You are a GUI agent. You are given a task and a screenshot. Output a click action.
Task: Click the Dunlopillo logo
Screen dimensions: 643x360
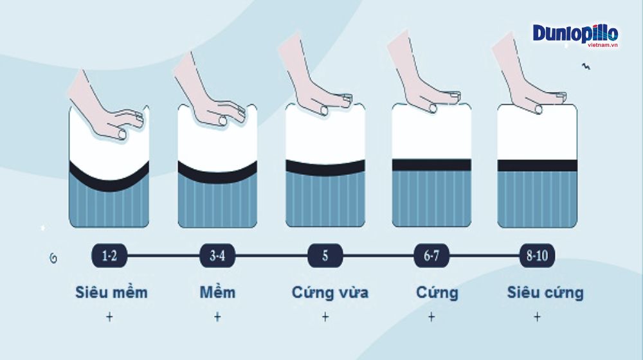pos(575,35)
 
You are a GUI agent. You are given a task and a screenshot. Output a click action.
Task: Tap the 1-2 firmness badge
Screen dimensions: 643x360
pos(109,255)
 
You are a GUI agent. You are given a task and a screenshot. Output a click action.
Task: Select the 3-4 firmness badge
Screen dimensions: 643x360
pos(217,255)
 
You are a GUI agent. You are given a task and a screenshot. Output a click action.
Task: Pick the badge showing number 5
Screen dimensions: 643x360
pos(325,255)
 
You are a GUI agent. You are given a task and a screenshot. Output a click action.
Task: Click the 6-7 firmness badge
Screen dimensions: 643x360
pos(431,255)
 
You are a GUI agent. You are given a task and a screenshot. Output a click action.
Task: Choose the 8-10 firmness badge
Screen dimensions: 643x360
pos(537,255)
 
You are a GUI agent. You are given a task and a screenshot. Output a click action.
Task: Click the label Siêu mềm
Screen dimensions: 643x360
pos(111,292)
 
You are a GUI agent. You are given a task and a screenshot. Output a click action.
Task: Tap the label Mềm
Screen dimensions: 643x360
pos(217,292)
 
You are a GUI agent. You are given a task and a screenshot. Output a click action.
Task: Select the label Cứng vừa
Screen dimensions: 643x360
pos(330,292)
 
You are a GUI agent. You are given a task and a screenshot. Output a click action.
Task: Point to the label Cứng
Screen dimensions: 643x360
pos(437,292)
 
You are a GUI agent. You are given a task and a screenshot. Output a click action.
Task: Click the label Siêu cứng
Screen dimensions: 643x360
pos(545,292)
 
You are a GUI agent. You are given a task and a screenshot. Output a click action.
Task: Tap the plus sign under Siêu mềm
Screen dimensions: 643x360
pos(109,317)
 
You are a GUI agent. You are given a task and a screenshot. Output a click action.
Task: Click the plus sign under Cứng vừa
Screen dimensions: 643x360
pos(325,317)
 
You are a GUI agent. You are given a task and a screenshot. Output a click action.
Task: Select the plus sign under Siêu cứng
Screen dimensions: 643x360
pos(537,317)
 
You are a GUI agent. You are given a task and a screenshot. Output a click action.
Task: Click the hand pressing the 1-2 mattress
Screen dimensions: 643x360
pos(105,111)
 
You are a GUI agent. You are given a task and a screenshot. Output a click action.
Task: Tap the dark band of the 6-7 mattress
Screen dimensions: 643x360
pos(431,165)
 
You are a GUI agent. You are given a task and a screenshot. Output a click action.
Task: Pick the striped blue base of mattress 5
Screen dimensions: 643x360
pos(325,199)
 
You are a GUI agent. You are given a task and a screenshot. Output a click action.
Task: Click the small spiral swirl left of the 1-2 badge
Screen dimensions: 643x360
pos(53,258)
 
